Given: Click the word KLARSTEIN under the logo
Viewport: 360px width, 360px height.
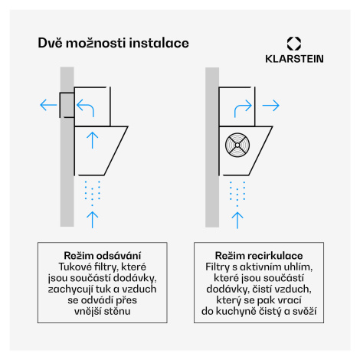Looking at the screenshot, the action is [x=294, y=59].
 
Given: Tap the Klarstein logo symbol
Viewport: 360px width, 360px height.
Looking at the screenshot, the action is [x=294, y=44].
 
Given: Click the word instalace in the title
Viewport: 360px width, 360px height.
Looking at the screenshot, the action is [x=159, y=43].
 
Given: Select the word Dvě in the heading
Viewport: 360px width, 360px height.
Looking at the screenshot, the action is [x=50, y=43].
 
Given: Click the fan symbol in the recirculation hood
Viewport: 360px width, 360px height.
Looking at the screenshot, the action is [x=237, y=145].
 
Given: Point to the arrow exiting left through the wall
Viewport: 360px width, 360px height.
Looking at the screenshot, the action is [x=48, y=105].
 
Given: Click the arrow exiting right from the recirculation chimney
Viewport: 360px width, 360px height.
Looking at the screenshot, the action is [x=271, y=105].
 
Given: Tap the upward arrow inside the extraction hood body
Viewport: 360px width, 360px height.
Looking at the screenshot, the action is [x=93, y=140].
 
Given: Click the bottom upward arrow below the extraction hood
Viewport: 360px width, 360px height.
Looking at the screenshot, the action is [x=93, y=220].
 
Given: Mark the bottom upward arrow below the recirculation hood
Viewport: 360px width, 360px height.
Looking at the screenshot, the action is [x=237, y=221].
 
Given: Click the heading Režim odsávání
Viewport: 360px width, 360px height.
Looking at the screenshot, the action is [x=103, y=256].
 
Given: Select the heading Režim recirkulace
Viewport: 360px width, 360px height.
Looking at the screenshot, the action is [x=259, y=256].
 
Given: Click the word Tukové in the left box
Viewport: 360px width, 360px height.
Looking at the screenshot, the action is [x=75, y=267].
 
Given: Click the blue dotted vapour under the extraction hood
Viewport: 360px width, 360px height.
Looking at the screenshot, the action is [x=92, y=193].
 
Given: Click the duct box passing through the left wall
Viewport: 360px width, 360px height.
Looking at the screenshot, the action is [x=67, y=105].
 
